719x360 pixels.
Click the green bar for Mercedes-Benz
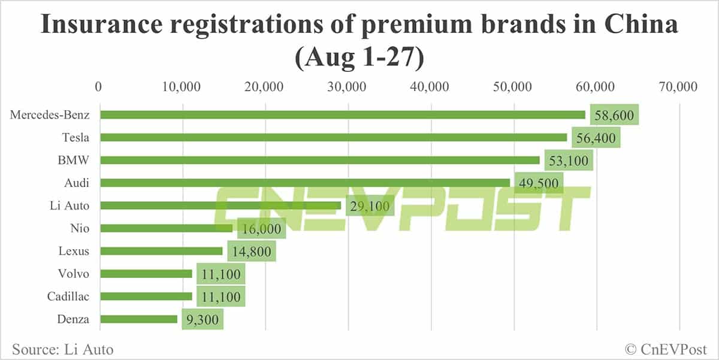click(343, 114)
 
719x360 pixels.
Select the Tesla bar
click(333, 137)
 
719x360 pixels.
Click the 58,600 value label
click(614, 115)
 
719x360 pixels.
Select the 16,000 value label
click(261, 229)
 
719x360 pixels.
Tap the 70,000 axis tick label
click(679, 87)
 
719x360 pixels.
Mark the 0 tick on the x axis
click(99, 87)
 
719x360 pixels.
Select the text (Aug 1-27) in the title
click(359, 59)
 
